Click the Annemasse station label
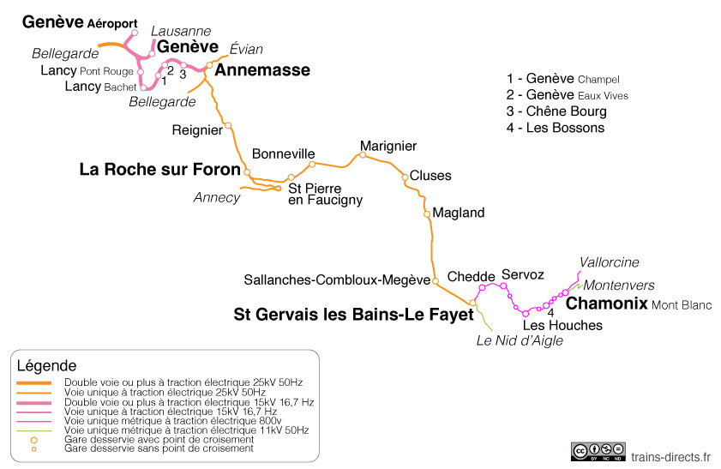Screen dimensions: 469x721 point(261,70)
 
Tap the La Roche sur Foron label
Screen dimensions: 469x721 point(159,170)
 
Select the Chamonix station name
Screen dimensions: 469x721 point(606,304)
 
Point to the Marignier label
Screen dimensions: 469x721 point(388,146)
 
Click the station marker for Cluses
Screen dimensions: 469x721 point(406,177)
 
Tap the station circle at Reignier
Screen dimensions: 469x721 point(228,125)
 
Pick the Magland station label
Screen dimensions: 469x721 point(459,213)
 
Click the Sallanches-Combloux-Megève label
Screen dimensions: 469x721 point(336,280)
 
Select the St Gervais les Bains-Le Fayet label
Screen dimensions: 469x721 point(353,315)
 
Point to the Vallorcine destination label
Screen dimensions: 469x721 point(609,262)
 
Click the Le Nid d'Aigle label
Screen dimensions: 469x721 point(520,340)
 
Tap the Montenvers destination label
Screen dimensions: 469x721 point(619,285)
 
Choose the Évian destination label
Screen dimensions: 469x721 point(246,49)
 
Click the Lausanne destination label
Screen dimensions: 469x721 point(180,31)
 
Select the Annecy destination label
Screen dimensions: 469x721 point(217,197)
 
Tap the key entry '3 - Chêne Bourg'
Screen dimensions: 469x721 point(556,111)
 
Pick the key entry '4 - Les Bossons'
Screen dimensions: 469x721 point(555,128)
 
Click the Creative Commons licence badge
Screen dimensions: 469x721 point(598,451)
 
